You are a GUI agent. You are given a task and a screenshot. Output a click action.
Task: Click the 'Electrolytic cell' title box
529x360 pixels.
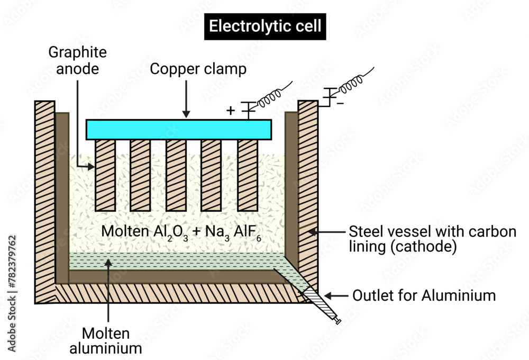[266, 26]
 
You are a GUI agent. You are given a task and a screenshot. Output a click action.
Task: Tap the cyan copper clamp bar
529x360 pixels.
[179, 129]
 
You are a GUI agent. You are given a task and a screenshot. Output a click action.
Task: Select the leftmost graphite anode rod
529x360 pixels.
[104, 174]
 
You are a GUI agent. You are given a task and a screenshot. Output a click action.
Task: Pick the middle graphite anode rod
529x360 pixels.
[176, 174]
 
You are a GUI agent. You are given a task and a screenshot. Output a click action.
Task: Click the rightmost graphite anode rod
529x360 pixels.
[247, 174]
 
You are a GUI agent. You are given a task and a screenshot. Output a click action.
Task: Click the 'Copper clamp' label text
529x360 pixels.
[198, 69]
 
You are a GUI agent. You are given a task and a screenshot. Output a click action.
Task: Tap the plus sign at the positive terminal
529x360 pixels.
[230, 111]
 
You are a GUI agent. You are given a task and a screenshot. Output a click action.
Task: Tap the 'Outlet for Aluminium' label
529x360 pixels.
[424, 295]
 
